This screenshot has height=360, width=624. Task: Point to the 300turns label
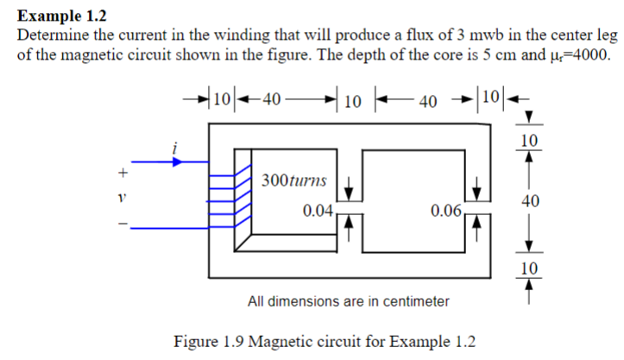tap(293, 181)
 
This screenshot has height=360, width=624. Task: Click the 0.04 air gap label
tap(318, 211)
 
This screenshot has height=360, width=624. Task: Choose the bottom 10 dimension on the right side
tap(531, 267)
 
